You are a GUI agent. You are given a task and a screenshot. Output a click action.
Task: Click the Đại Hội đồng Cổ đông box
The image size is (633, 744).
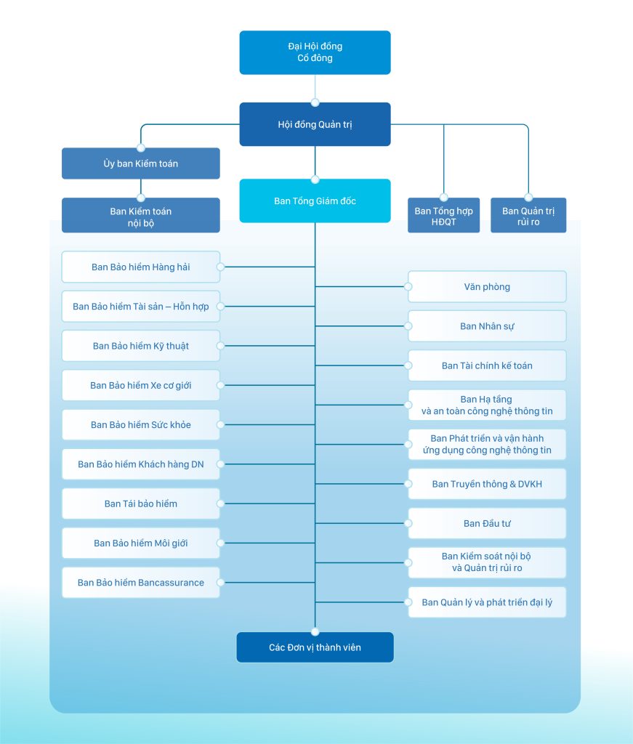(315, 52)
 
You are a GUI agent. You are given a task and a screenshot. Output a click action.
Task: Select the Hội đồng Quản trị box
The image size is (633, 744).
(315, 124)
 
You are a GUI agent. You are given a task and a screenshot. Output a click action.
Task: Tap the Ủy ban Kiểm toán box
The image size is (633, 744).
(140, 163)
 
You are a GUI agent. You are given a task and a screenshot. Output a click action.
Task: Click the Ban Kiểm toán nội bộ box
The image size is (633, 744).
(140, 217)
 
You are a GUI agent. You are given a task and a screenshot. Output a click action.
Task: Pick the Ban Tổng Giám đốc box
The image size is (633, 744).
(315, 201)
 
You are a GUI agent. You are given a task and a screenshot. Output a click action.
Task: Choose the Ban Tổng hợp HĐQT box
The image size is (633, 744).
(443, 216)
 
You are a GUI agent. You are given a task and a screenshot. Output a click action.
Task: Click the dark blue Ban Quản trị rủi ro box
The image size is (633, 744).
(528, 216)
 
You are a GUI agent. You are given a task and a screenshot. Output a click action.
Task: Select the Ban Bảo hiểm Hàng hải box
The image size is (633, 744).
(140, 267)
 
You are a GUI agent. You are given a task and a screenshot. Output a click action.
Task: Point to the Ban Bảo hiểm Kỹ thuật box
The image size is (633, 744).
(140, 346)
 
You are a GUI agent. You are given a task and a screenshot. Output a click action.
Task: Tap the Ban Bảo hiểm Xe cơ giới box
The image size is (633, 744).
(140, 385)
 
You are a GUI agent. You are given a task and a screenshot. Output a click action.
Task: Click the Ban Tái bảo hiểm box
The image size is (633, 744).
(140, 504)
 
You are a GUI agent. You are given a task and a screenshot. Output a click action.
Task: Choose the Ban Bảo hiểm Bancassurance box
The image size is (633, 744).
(140, 583)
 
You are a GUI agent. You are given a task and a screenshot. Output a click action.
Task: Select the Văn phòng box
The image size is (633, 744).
(487, 287)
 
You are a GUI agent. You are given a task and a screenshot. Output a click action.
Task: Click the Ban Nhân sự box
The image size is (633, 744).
(487, 326)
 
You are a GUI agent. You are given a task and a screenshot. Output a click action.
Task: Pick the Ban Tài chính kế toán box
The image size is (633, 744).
(487, 365)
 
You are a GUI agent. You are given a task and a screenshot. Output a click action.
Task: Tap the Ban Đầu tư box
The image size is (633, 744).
(487, 523)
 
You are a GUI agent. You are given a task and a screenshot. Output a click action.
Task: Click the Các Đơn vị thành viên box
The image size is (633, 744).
(315, 647)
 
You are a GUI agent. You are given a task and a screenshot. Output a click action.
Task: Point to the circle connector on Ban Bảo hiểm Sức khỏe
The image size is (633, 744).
(220, 424)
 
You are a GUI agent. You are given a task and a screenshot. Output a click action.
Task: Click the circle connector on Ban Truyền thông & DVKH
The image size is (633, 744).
(408, 484)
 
